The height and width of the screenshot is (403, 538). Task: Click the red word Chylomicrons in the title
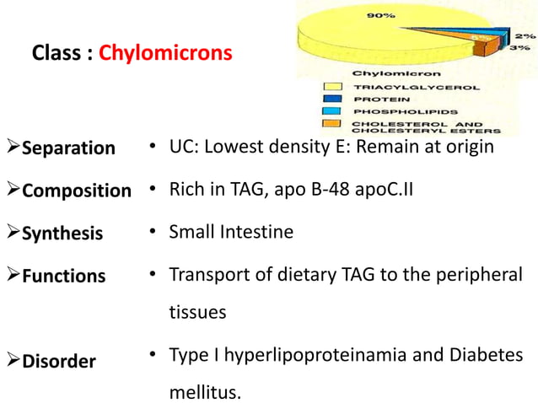click(165, 53)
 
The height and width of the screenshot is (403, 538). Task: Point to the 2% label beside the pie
click(525, 37)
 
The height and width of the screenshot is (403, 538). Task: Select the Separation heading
click(67, 148)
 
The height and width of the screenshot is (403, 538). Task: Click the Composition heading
click(76, 191)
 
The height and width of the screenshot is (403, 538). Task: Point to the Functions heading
click(63, 276)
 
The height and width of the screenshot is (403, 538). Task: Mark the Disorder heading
click(58, 362)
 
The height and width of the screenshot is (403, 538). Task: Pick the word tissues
click(197, 311)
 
